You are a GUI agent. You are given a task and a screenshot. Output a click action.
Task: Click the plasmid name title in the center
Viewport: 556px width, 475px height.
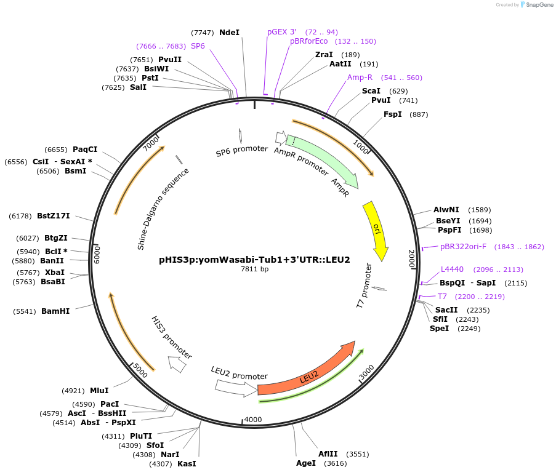[254, 260]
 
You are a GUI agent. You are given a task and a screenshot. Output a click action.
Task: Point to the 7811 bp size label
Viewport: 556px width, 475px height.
[254, 269]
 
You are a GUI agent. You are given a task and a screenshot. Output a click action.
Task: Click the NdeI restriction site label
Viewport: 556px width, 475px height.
[229, 32]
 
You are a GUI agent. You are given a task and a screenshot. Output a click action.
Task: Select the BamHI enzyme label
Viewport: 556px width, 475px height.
[55, 311]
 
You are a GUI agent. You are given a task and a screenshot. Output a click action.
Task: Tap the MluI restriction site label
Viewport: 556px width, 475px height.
[99, 390]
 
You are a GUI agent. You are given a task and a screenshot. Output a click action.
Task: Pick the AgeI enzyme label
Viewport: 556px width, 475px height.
[306, 463]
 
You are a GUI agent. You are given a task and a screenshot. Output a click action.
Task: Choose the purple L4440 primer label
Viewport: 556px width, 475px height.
[452, 269]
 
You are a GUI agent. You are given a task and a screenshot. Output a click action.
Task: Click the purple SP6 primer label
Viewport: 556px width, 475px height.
[198, 46]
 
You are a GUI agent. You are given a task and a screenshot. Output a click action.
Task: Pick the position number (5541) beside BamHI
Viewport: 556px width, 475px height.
[25, 311]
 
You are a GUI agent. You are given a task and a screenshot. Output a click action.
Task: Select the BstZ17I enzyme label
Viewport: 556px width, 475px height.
[53, 216]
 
